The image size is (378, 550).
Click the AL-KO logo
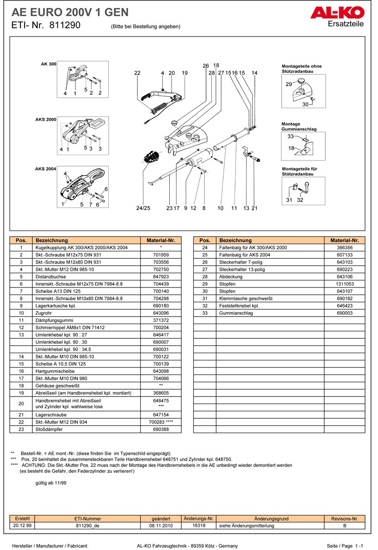coord(337,12)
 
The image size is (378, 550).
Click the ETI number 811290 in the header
coord(65,26)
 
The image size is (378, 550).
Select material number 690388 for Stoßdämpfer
coord(161,429)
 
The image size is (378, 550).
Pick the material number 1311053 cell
coord(345,284)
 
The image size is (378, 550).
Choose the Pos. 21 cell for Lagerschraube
coord(21,415)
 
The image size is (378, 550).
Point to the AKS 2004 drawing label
coord(45,169)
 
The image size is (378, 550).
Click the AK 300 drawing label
coord(49,64)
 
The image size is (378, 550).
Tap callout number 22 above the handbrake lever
coord(137,73)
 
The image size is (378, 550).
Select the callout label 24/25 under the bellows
coord(143,208)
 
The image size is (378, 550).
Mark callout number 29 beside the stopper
coord(288,84)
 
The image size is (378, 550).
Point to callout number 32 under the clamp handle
coord(300,200)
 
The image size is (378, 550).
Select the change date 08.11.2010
coord(161,526)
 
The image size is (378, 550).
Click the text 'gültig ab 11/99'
coord(51,483)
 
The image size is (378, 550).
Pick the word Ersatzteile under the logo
coord(345,24)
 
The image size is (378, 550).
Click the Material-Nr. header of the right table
coord(345,240)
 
